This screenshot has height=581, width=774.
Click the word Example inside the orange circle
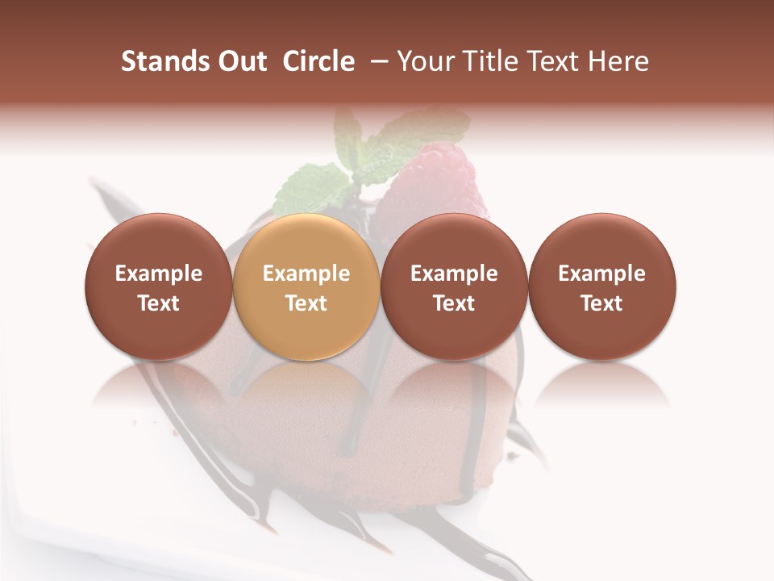(306, 274)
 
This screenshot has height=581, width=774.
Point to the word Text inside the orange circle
(306, 303)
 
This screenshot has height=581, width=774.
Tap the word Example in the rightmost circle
(602, 274)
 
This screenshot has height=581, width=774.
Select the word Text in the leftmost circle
(159, 303)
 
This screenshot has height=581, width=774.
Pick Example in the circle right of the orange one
(454, 274)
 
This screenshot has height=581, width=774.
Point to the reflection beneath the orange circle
(306, 383)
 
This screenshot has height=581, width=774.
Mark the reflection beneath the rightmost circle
(602, 383)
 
